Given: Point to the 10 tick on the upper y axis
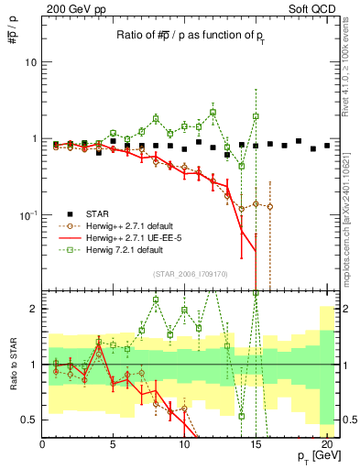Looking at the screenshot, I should coord(30,62).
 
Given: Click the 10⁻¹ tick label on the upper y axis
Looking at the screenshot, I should coord(27,214).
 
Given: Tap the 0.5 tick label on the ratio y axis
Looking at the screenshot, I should coord(29,420).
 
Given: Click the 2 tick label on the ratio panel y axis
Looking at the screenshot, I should coord(34,309).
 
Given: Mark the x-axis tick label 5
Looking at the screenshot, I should coord(113,444).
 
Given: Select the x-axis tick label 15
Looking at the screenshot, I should coord(255,444).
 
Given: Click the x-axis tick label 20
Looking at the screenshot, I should coord(325,444).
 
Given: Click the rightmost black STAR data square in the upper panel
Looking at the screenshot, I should coord(326,145).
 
